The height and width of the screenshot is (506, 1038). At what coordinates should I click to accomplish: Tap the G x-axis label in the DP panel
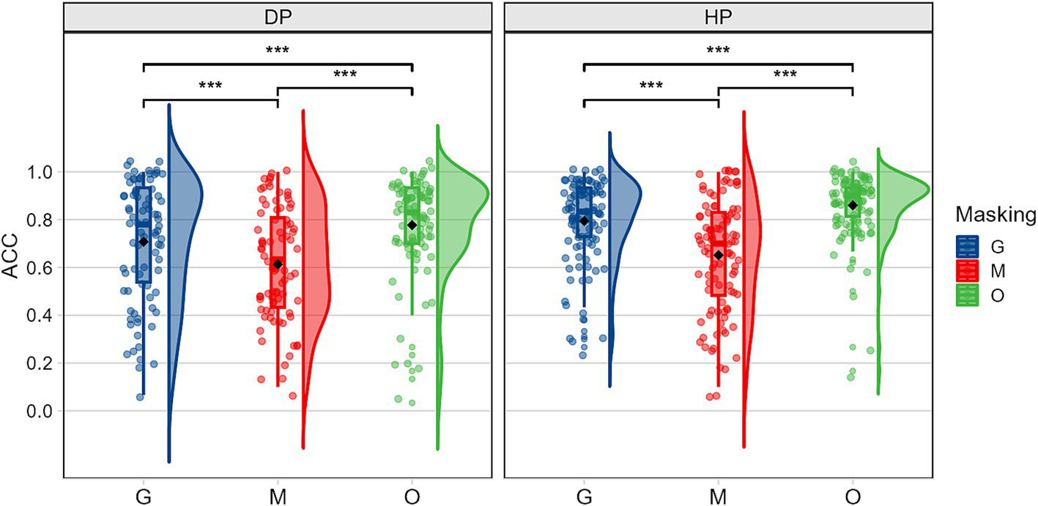[144, 496]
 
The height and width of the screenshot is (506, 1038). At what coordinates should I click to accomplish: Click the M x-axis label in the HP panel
[718, 496]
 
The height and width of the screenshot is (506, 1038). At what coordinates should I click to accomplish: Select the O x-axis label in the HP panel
[853, 496]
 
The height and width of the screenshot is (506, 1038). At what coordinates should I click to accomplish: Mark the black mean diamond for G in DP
[144, 242]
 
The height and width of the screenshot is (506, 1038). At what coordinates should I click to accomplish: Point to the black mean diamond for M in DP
[278, 264]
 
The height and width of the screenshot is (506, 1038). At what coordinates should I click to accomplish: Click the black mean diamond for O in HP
[853, 205]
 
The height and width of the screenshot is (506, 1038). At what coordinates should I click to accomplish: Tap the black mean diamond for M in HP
[719, 255]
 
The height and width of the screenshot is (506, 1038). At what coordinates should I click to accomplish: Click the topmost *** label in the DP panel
[278, 51]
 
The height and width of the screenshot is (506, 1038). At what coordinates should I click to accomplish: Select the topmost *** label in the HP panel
[718, 51]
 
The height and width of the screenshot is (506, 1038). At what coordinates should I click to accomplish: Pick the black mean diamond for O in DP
[412, 225]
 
